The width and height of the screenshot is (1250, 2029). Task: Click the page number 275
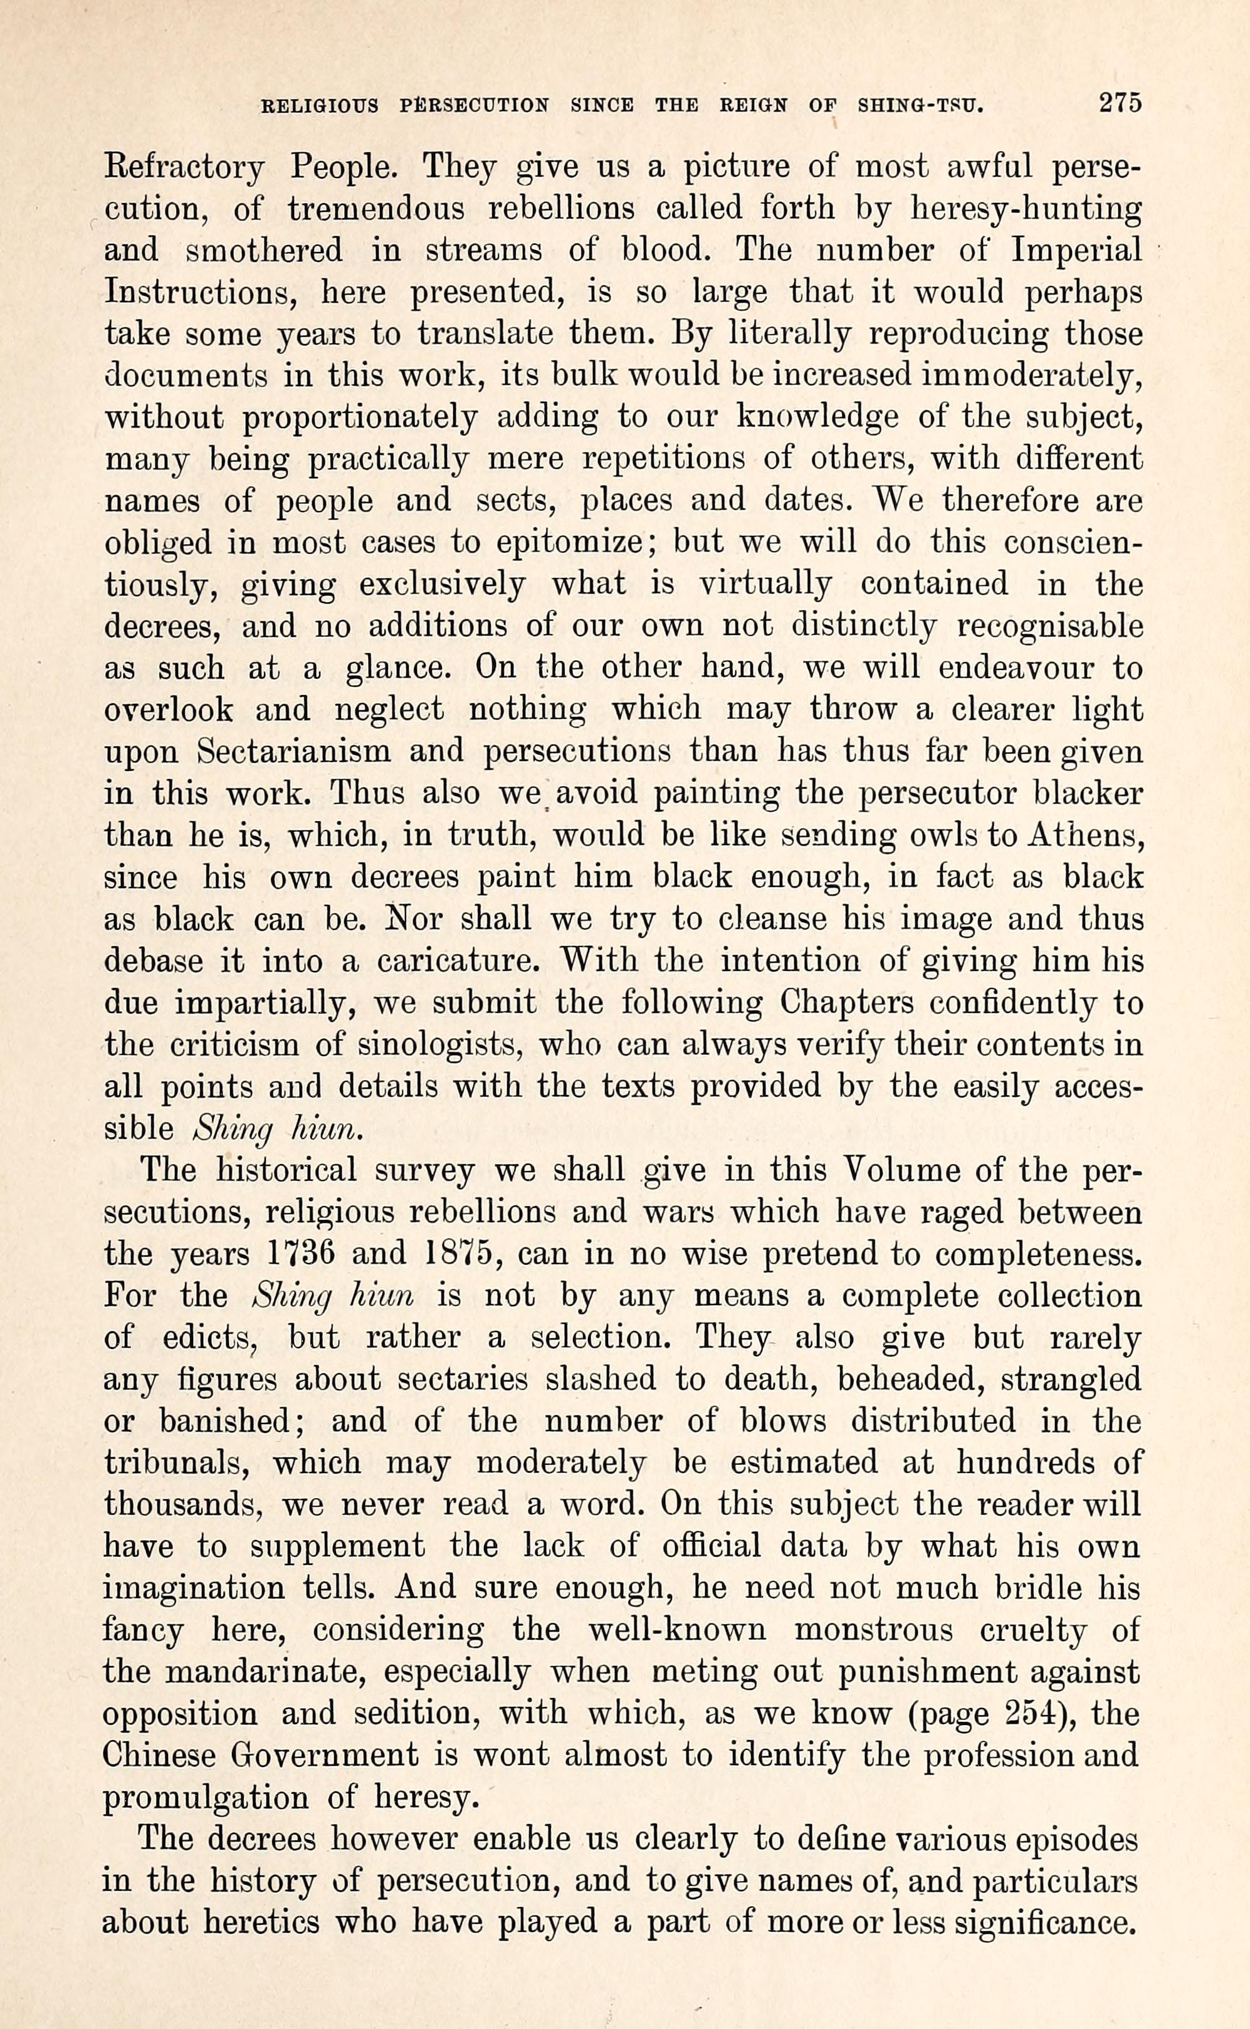[1120, 103]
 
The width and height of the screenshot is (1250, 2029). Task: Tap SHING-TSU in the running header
[921, 106]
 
